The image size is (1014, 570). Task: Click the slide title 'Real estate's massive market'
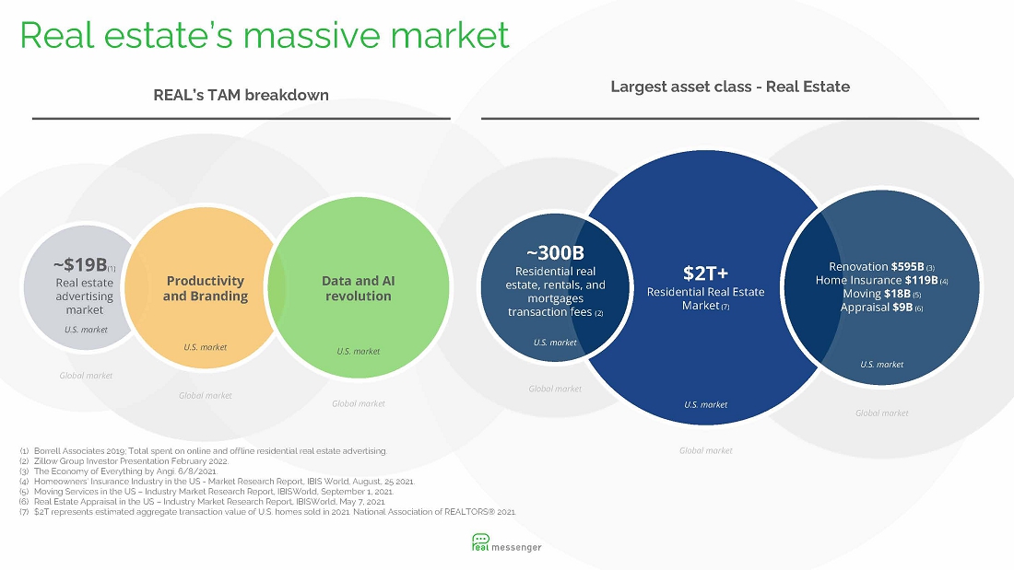click(265, 35)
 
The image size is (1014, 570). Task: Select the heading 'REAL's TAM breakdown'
click(241, 95)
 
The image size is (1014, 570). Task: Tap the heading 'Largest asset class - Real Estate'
click(730, 87)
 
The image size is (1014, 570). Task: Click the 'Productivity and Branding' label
click(205, 288)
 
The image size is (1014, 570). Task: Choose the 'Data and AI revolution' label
click(359, 288)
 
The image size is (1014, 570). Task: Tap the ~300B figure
click(555, 252)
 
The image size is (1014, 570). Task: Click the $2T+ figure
click(705, 273)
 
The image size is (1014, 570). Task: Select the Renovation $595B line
click(881, 267)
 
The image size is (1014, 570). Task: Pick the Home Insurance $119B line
click(881, 281)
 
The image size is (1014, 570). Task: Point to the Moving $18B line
click(881, 294)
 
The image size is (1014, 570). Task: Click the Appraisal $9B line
click(881, 308)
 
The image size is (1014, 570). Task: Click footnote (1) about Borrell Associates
click(203, 451)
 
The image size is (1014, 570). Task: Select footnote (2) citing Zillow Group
click(124, 461)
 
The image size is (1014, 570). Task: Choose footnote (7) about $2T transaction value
click(267, 512)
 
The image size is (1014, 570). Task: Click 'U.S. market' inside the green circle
click(359, 352)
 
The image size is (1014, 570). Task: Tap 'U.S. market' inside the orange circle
click(205, 348)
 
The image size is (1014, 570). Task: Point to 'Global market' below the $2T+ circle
click(705, 450)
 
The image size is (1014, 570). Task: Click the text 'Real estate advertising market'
click(84, 297)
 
